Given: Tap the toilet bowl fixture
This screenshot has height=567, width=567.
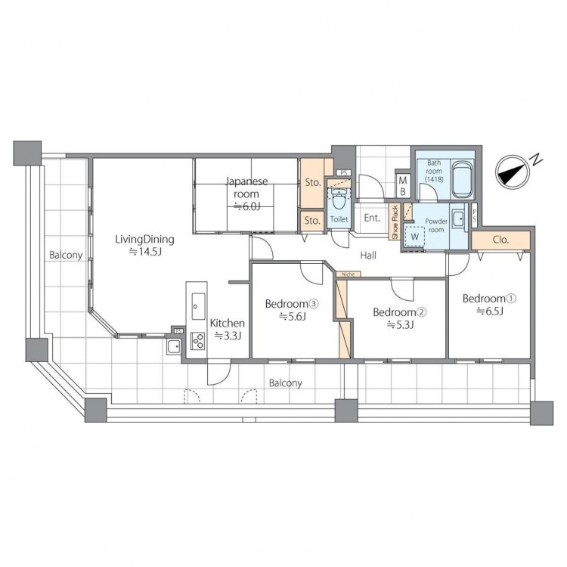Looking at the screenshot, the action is (x=339, y=200).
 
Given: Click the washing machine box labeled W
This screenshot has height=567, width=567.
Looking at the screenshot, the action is (x=415, y=237).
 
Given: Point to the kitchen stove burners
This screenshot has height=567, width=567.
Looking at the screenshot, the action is (x=198, y=341).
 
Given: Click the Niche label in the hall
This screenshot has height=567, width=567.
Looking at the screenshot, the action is (x=349, y=274).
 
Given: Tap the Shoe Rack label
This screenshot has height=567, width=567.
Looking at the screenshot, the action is (x=395, y=222).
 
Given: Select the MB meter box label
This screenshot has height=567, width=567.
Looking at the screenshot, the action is (x=402, y=186).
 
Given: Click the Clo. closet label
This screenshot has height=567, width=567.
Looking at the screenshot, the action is (x=500, y=240).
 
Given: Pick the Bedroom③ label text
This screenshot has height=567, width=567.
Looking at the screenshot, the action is (x=292, y=304).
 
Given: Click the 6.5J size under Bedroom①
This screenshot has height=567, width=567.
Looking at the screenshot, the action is (x=490, y=311).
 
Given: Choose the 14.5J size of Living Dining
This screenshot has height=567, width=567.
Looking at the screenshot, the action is (x=145, y=252).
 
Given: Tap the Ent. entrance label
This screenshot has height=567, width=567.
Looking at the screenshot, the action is (x=372, y=218).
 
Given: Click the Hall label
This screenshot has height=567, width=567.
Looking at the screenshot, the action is (x=368, y=256).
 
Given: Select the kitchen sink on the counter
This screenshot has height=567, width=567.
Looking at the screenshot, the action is (x=198, y=306).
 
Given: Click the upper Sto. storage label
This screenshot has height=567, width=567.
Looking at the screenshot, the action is (x=313, y=183).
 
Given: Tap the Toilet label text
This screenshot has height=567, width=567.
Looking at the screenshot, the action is (x=339, y=219).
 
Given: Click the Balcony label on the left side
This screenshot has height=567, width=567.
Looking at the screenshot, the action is (x=66, y=256).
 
